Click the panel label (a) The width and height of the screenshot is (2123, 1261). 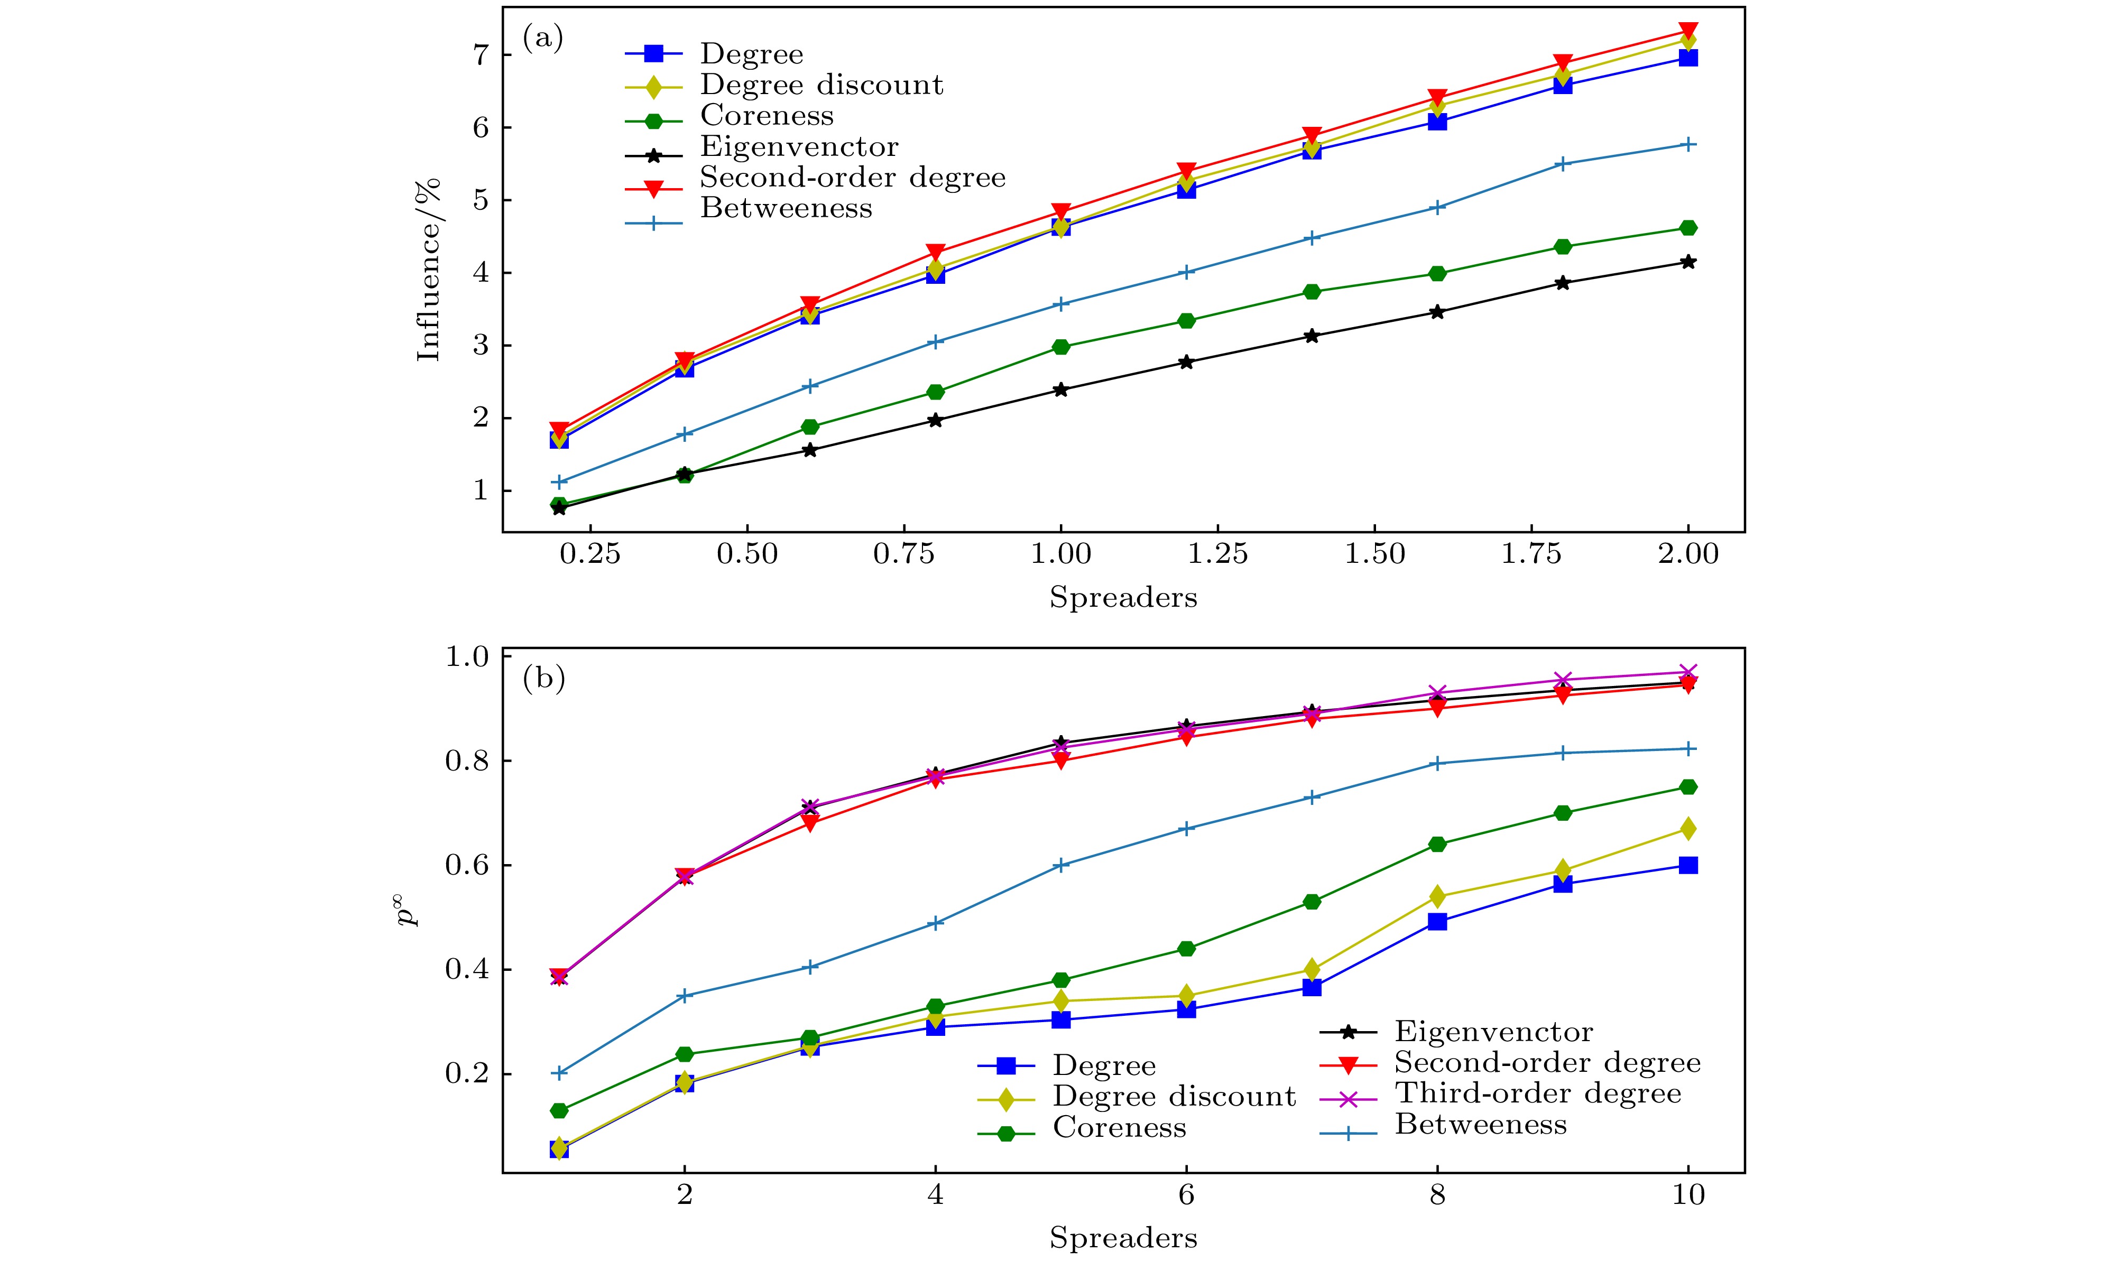pos(542,39)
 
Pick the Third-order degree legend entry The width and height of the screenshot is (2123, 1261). pos(1537,1093)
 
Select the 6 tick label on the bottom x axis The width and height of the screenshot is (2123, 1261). pos(1186,1195)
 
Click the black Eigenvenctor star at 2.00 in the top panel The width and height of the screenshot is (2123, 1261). pos(1688,262)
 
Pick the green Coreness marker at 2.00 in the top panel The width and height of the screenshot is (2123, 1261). pos(1688,228)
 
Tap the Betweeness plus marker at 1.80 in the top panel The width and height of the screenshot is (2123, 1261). pos(1562,164)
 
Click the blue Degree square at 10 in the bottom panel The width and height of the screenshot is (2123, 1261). pos(1688,865)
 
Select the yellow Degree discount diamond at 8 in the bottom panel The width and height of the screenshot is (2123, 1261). pos(1437,896)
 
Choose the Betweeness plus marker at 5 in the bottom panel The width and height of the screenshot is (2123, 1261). pos(1060,865)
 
